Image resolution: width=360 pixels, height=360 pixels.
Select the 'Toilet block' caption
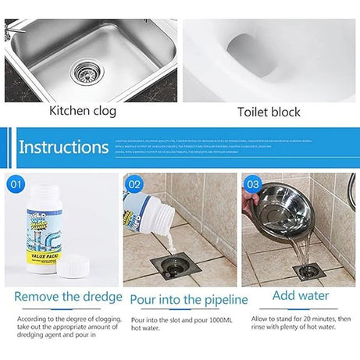[269, 112]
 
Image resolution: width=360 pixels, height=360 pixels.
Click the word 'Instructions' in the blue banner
[63, 147]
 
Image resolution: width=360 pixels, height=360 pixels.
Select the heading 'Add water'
[300, 296]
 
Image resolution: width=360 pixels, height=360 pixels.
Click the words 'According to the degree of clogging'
[56, 320]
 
